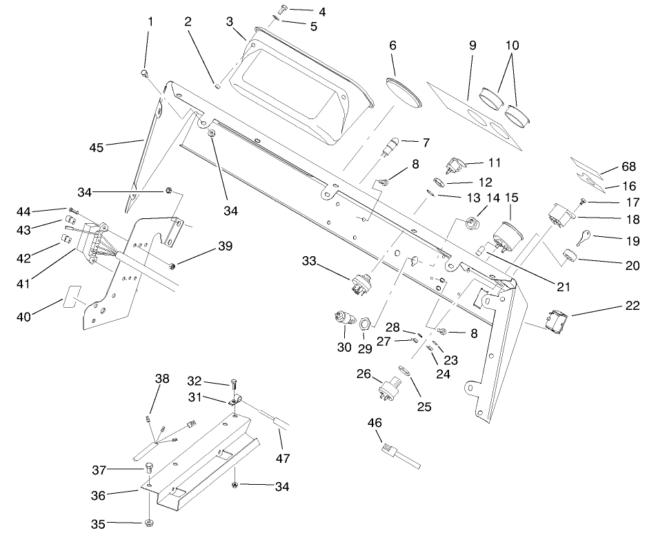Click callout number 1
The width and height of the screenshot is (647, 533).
point(150,21)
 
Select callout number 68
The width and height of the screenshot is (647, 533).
point(628,167)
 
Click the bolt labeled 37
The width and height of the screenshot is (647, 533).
point(149,470)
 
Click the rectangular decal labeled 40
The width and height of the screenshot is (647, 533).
point(74,297)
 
